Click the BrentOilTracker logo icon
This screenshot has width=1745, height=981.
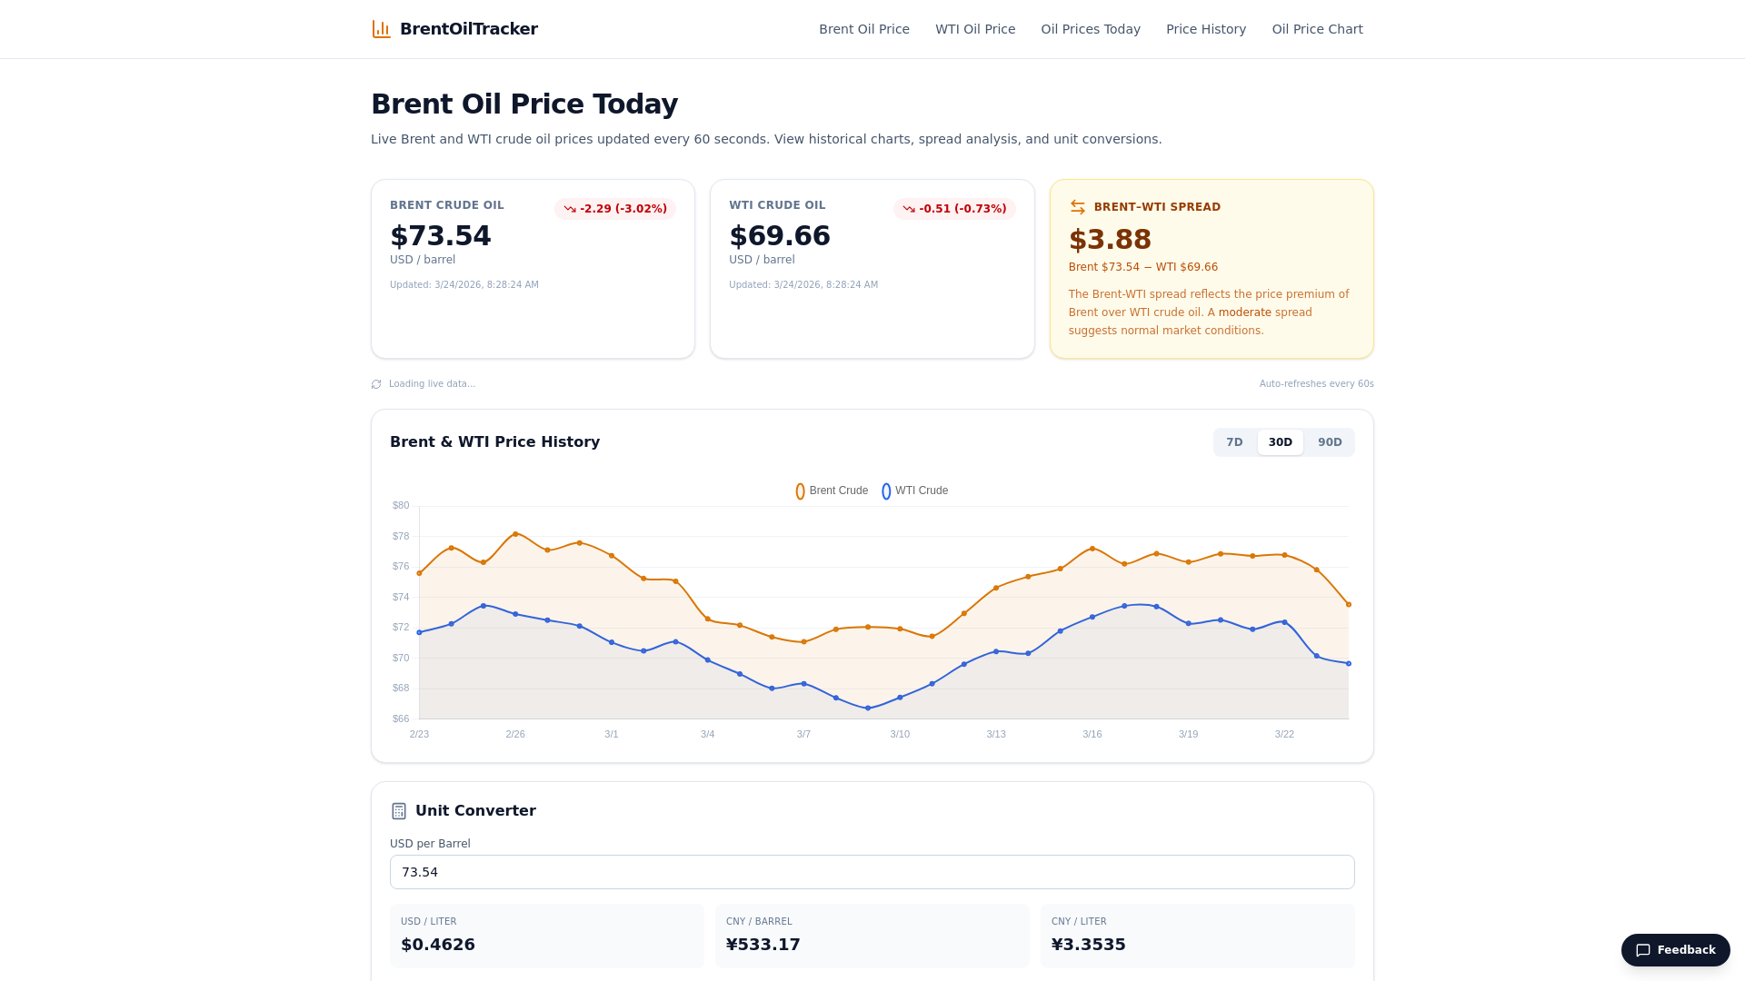pyautogui.click(x=381, y=29)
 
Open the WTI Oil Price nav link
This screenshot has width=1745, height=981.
pyautogui.click(x=975, y=29)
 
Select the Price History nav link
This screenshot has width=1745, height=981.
pyautogui.click(x=1206, y=29)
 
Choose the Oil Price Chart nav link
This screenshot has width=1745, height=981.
pyautogui.click(x=1317, y=29)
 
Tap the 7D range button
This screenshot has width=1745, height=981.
pyautogui.click(x=1234, y=442)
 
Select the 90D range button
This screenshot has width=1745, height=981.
pyautogui.click(x=1330, y=442)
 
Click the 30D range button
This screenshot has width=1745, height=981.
pyautogui.click(x=1280, y=442)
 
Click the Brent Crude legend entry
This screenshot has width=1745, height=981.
pyautogui.click(x=832, y=490)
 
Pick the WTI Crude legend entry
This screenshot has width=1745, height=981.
pyautogui.click(x=915, y=490)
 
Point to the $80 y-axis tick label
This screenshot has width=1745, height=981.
pyautogui.click(x=401, y=505)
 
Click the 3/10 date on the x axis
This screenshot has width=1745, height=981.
pyautogui.click(x=900, y=734)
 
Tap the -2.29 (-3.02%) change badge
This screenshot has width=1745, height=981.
pyautogui.click(x=615, y=209)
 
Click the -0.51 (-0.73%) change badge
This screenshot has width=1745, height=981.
pyautogui.click(x=954, y=209)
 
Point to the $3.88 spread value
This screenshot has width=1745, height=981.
pyautogui.click(x=1110, y=239)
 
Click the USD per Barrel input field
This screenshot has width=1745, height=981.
pyautogui.click(x=872, y=872)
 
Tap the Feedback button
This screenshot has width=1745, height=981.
pyautogui.click(x=1675, y=950)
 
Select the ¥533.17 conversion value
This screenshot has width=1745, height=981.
pyautogui.click(x=763, y=945)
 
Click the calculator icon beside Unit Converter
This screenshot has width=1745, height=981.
pyautogui.click(x=399, y=811)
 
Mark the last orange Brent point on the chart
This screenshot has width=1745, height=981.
pyautogui.click(x=1349, y=604)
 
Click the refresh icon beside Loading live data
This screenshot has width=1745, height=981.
pyautogui.click(x=376, y=384)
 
